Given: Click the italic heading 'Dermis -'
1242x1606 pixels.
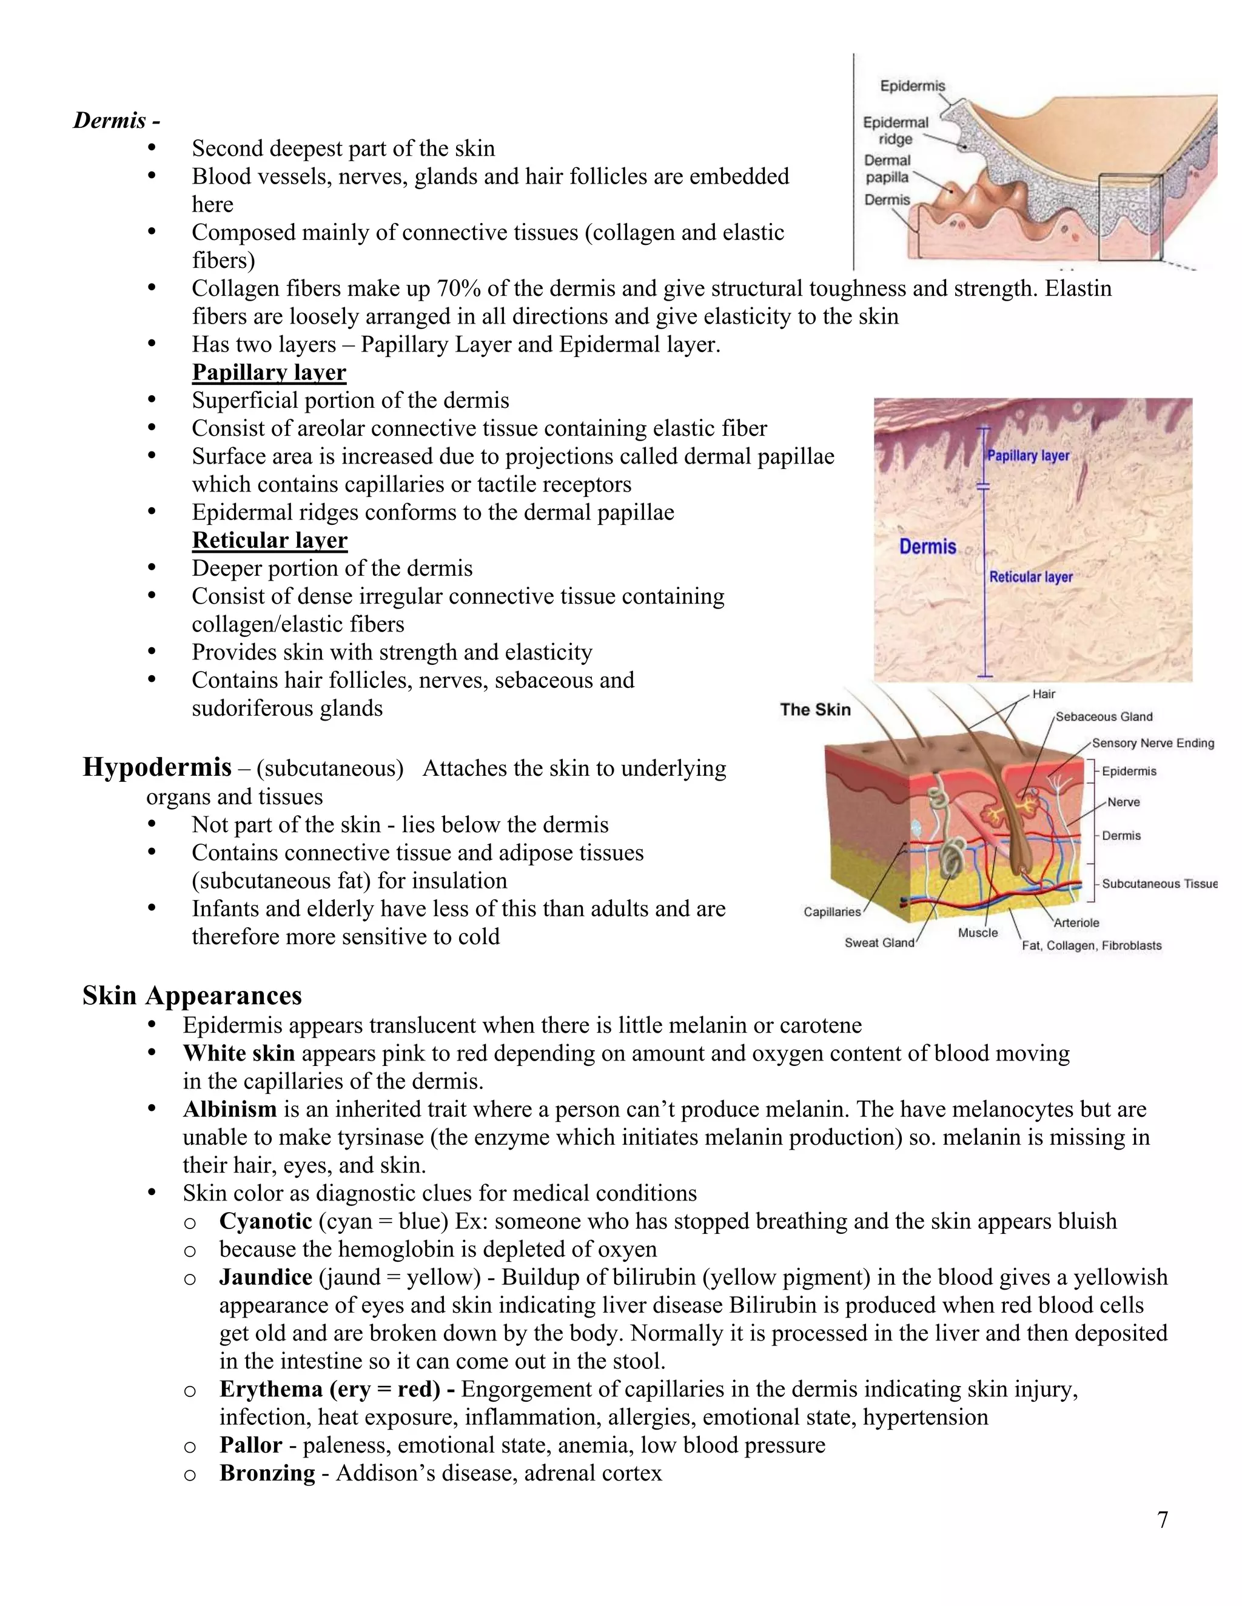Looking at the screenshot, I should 116,120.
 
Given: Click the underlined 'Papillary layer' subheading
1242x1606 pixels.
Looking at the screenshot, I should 269,372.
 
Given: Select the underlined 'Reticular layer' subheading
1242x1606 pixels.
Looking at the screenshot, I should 269,541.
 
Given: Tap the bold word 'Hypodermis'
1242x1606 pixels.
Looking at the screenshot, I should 156,767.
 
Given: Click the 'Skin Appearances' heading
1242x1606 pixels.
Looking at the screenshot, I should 192,995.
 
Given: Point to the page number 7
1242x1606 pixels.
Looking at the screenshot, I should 1163,1520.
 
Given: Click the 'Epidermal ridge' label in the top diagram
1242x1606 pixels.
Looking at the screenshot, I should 896,131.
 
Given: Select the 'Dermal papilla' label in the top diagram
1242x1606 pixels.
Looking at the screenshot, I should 887,168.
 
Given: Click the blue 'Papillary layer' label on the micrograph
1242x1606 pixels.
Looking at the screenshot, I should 1028,456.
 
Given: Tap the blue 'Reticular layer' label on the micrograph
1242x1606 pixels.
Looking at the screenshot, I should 1030,577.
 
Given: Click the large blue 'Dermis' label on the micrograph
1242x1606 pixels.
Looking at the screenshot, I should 927,547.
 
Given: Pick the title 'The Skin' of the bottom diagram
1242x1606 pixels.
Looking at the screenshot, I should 815,710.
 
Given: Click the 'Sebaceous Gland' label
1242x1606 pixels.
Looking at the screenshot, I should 1104,717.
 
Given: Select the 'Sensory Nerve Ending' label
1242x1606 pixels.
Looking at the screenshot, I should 1152,744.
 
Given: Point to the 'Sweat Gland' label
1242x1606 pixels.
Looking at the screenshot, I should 879,943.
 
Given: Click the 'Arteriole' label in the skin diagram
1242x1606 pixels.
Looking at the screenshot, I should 1076,923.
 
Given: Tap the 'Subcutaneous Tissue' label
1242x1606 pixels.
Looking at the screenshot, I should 1159,884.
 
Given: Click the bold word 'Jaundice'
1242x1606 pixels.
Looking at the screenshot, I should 266,1278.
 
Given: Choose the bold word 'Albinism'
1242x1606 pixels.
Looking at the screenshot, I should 230,1109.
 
